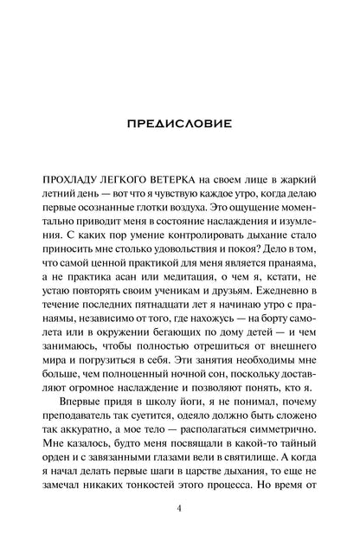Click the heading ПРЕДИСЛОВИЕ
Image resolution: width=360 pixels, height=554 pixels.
pyautogui.click(x=178, y=123)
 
